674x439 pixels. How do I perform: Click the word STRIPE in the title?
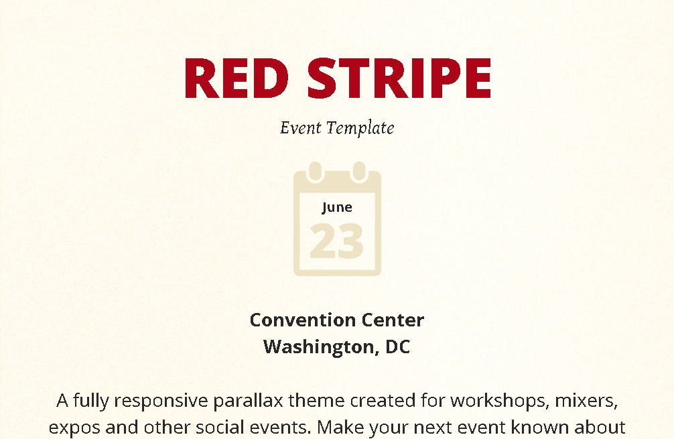point(399,78)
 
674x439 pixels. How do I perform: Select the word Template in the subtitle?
point(360,128)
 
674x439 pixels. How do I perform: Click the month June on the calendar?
point(337,207)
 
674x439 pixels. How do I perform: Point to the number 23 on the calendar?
point(336,241)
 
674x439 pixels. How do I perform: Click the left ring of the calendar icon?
point(316,172)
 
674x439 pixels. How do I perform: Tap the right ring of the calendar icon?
point(358,172)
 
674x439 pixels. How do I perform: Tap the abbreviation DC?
point(397,347)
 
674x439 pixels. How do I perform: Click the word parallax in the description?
point(248,401)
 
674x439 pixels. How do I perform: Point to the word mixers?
point(586,400)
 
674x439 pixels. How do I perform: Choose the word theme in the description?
point(316,400)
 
